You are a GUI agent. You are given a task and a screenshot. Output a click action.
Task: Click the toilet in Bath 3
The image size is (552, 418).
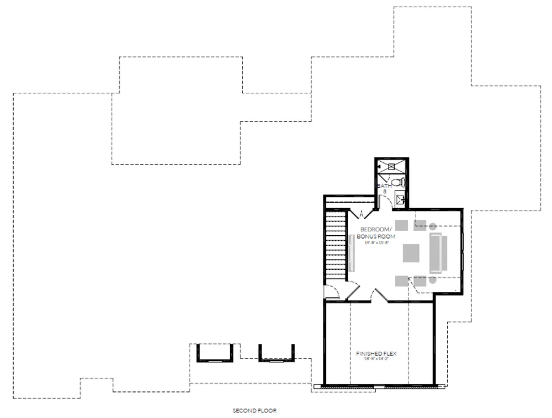tap(397, 182)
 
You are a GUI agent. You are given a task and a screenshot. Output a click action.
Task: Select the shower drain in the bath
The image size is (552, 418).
tap(392, 166)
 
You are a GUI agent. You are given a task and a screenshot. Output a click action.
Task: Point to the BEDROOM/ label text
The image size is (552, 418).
tap(376, 229)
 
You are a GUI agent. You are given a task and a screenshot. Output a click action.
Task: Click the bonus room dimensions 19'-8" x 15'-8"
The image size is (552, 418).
tap(376, 242)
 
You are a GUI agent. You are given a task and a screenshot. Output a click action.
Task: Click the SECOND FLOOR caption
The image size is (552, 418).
tap(254, 411)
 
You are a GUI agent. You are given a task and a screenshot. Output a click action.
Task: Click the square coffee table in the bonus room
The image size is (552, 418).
tap(412, 252)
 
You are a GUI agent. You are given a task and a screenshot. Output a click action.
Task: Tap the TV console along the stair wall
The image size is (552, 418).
tap(351, 252)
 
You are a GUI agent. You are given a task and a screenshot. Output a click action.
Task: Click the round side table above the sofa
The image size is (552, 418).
tap(433, 225)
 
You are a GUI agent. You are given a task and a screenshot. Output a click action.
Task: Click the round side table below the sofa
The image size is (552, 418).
tap(433, 279)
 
